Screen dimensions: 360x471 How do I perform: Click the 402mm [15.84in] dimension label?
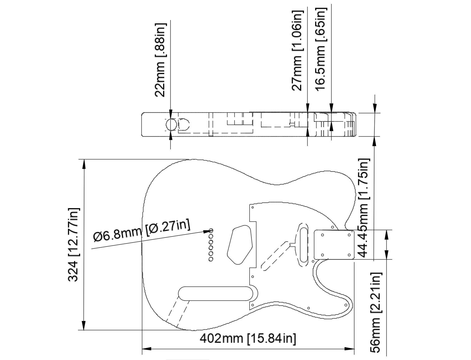(248, 339)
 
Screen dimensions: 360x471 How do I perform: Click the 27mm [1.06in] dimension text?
(297, 51)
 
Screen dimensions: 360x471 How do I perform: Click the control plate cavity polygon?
(240, 245)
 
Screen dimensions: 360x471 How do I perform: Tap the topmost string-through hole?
(211, 230)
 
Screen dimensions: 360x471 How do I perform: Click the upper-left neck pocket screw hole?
(322, 235)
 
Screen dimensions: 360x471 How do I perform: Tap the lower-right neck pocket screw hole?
(349, 255)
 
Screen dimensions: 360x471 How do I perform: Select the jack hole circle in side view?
(170, 125)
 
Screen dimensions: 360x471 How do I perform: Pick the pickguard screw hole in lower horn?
(346, 305)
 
